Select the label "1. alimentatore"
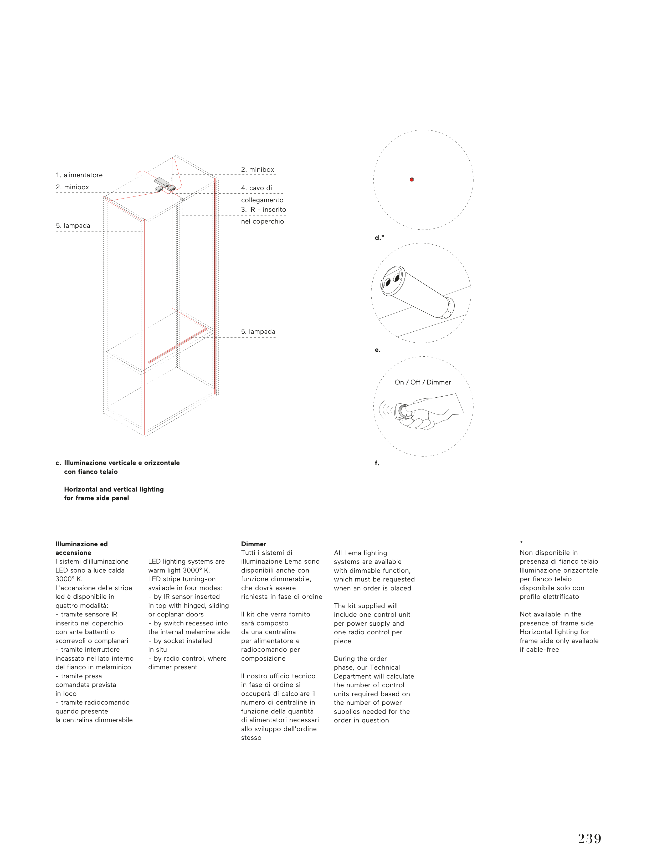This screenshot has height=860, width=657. click(79, 175)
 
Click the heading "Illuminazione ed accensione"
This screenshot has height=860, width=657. click(81, 548)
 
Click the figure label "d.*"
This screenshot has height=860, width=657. click(379, 237)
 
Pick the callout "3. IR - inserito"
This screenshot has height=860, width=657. click(263, 209)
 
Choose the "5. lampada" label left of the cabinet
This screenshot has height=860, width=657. click(73, 225)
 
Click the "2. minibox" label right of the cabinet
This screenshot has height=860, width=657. click(257, 169)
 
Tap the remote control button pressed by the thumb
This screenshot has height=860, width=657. click(403, 411)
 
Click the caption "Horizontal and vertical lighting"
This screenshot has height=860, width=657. click(114, 489)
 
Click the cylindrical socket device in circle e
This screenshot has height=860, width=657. click(417, 291)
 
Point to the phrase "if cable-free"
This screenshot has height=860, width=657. click(539, 650)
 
